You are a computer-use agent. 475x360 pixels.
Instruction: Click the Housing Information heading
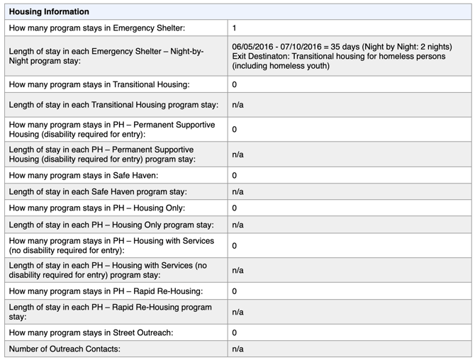tap(49, 12)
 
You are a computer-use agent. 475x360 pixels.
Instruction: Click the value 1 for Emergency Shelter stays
tap(235, 28)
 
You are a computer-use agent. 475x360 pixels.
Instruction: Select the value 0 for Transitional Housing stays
tap(235, 84)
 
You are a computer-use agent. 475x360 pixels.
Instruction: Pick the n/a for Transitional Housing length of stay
tap(238, 105)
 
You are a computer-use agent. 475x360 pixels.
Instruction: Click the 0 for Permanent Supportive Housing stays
tap(235, 130)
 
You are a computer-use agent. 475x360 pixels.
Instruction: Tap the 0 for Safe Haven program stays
tap(235, 175)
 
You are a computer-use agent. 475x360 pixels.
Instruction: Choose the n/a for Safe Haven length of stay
tap(238, 191)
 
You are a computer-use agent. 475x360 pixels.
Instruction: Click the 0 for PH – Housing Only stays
tap(235, 208)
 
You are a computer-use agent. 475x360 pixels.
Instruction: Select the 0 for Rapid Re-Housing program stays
tap(235, 291)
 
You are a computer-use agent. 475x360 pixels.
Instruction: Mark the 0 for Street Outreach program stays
tap(235, 332)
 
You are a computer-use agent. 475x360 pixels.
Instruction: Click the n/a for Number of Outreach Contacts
tap(238, 349)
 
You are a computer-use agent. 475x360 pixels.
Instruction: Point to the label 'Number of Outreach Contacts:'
tap(65, 349)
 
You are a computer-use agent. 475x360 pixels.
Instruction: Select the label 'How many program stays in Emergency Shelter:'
tap(97, 28)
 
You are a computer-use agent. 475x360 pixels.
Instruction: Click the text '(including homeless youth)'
tap(281, 67)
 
